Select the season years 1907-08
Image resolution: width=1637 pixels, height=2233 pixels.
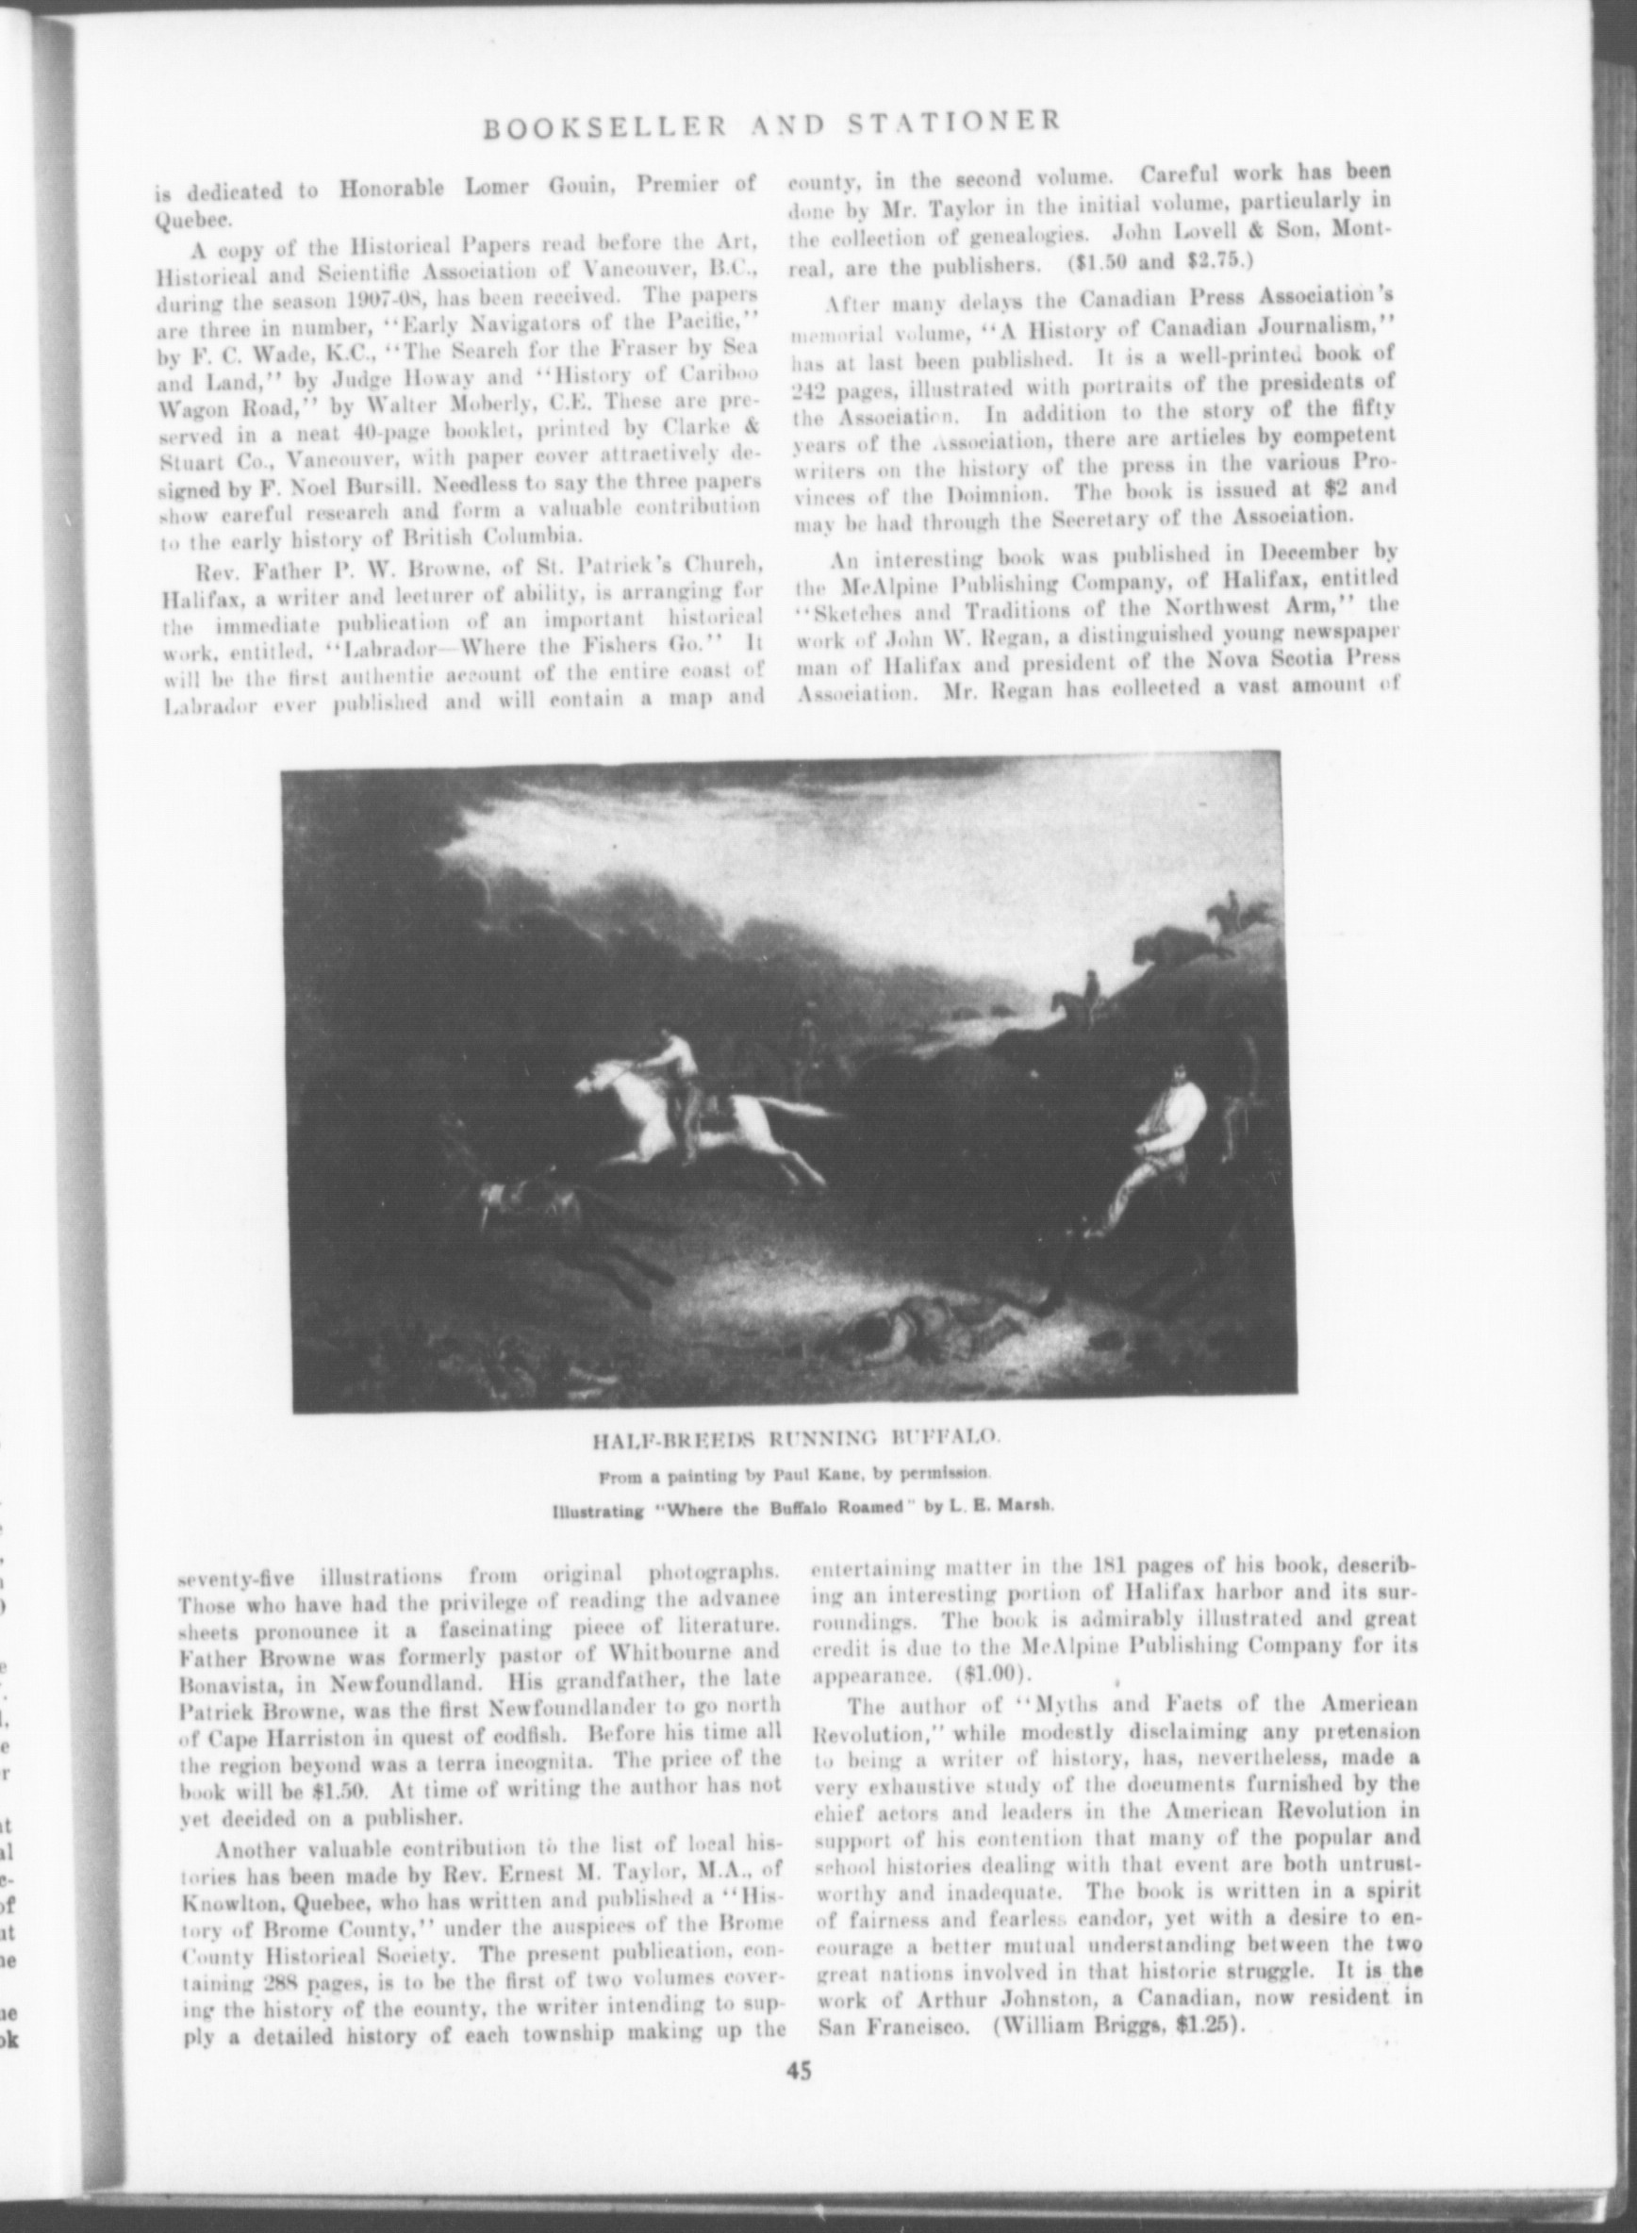tap(462, 295)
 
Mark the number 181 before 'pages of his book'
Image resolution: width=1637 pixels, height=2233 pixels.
tap(1107, 1567)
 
